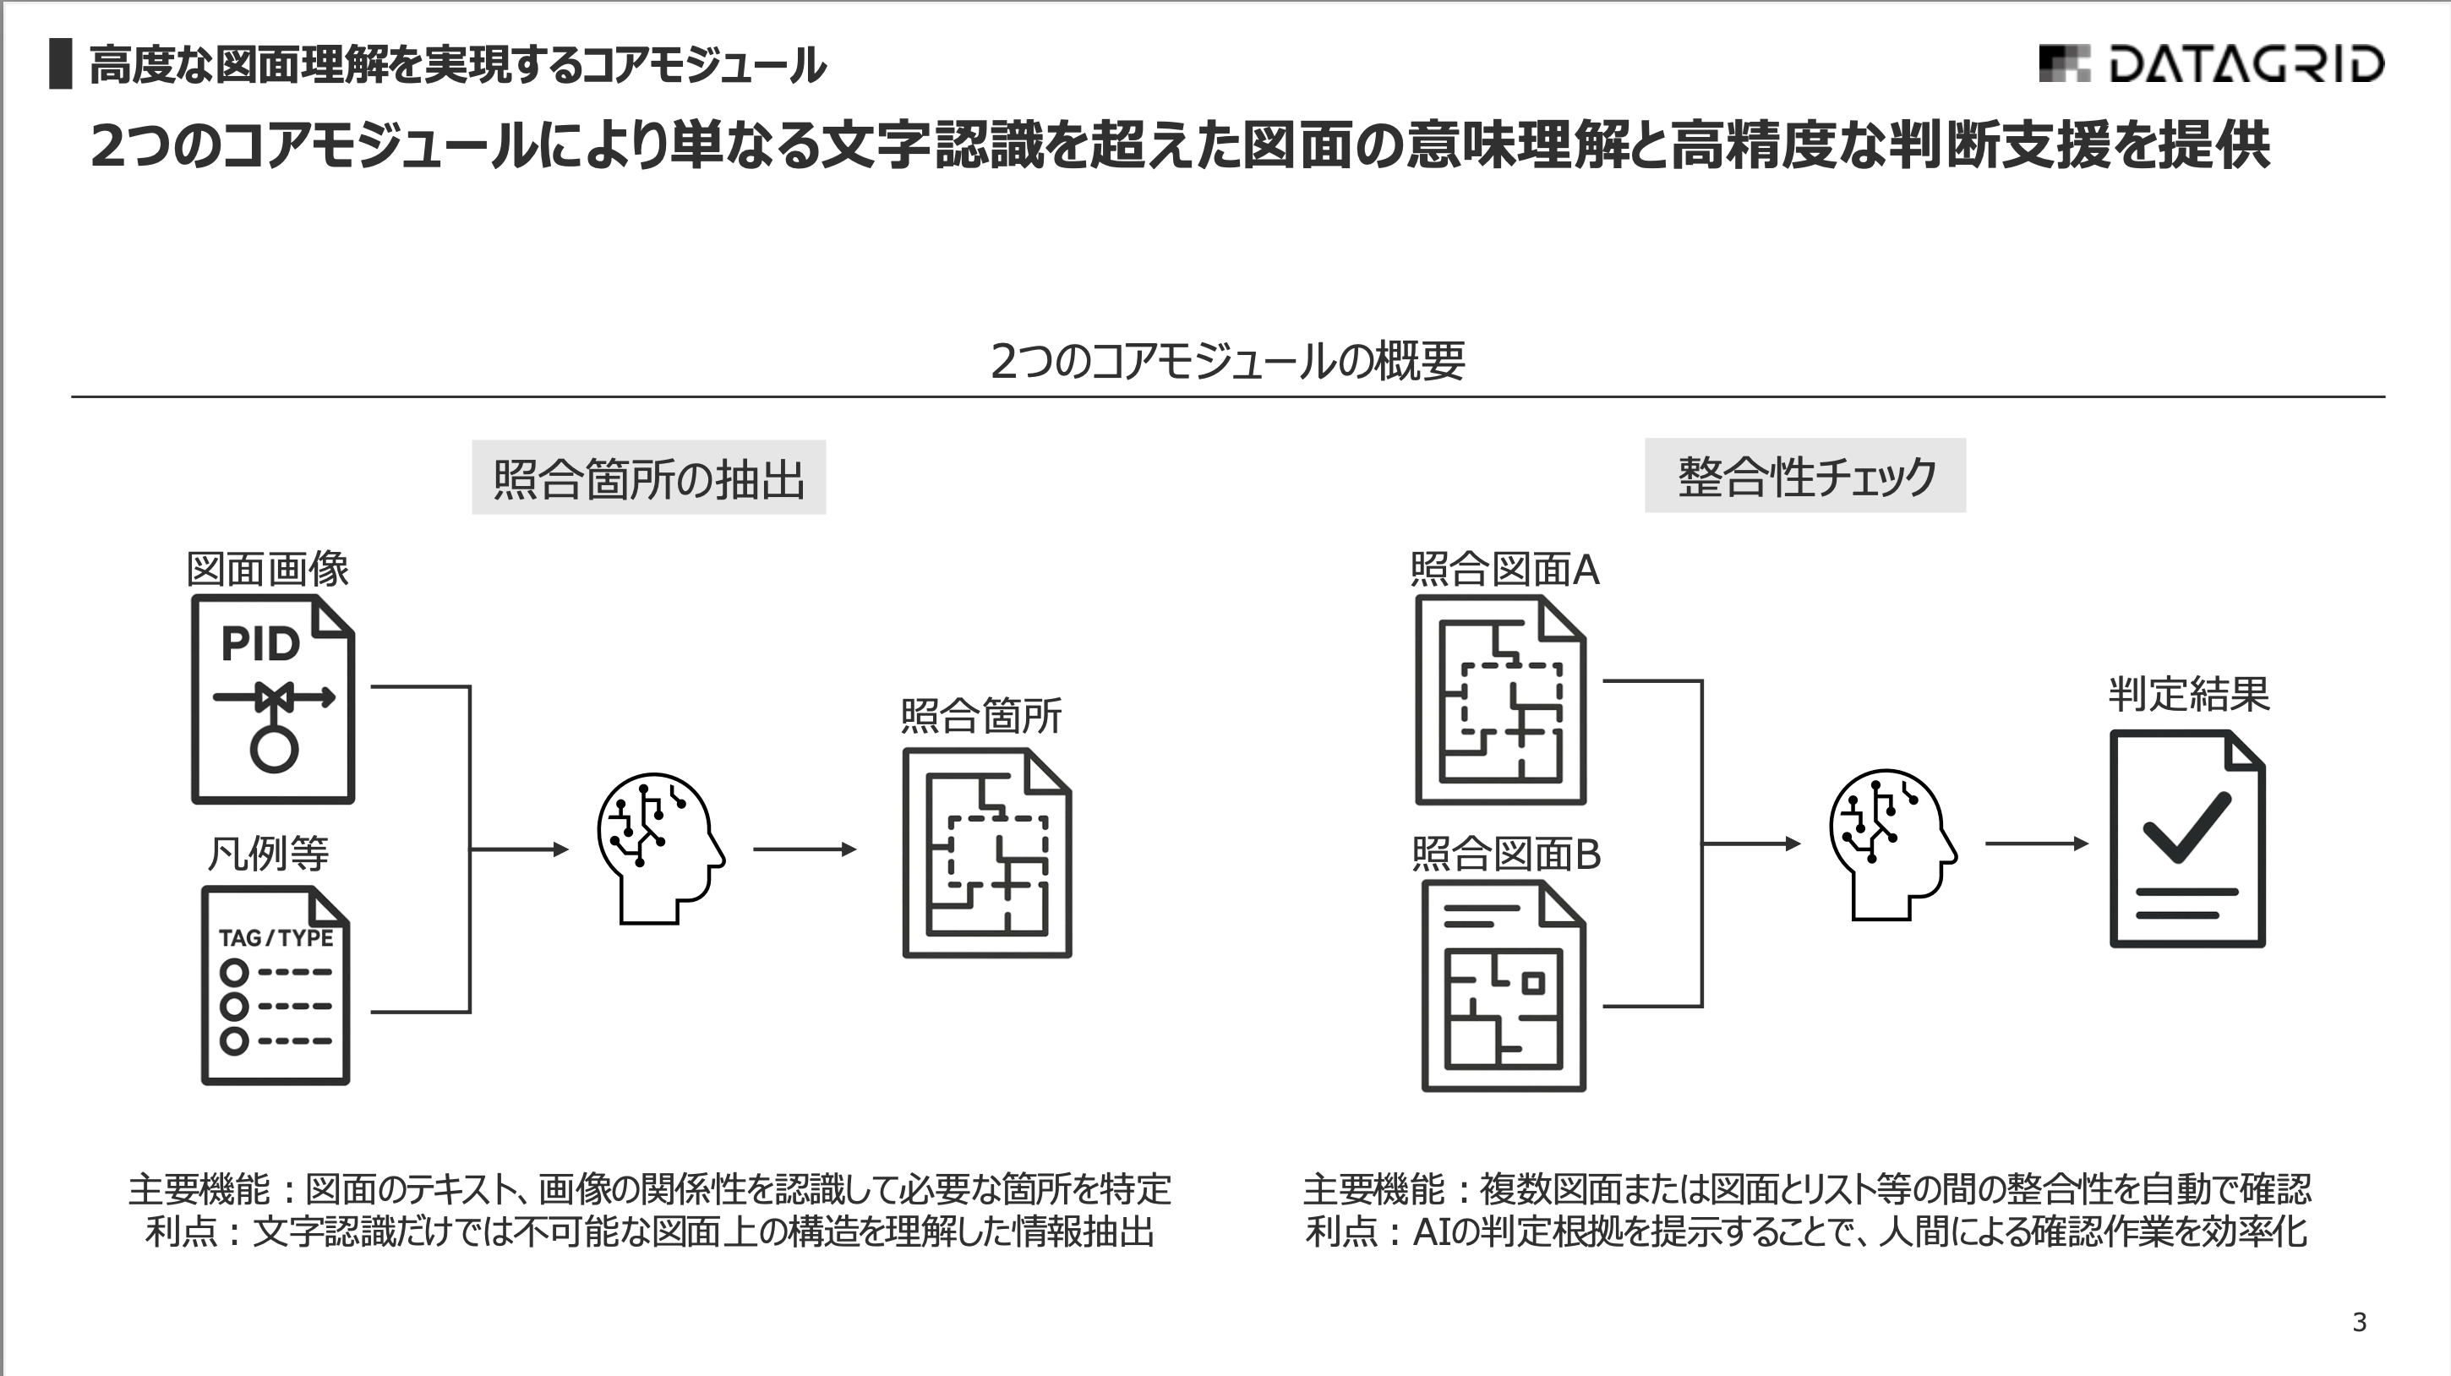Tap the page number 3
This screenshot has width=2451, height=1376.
click(2359, 1322)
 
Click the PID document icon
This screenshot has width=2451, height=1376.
click(273, 700)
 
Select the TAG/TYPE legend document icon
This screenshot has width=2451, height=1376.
click(275, 986)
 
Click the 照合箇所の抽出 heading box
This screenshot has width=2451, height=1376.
click(649, 478)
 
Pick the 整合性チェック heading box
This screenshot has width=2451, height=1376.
click(1805, 476)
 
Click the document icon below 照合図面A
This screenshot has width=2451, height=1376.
click(1499, 700)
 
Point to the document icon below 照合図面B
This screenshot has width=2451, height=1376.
click(1503, 986)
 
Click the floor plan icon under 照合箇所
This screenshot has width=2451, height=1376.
click(986, 853)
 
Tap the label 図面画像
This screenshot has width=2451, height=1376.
click(267, 569)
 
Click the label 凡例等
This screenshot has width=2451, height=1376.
click(267, 853)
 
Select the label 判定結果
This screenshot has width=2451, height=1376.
click(2187, 694)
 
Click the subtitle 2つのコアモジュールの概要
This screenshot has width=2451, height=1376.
click(1227, 362)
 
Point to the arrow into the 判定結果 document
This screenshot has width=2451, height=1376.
click(2036, 844)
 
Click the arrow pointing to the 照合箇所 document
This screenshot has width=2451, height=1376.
click(805, 849)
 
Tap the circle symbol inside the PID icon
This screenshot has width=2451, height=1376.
click(274, 750)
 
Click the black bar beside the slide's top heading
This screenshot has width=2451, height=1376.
click(61, 63)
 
